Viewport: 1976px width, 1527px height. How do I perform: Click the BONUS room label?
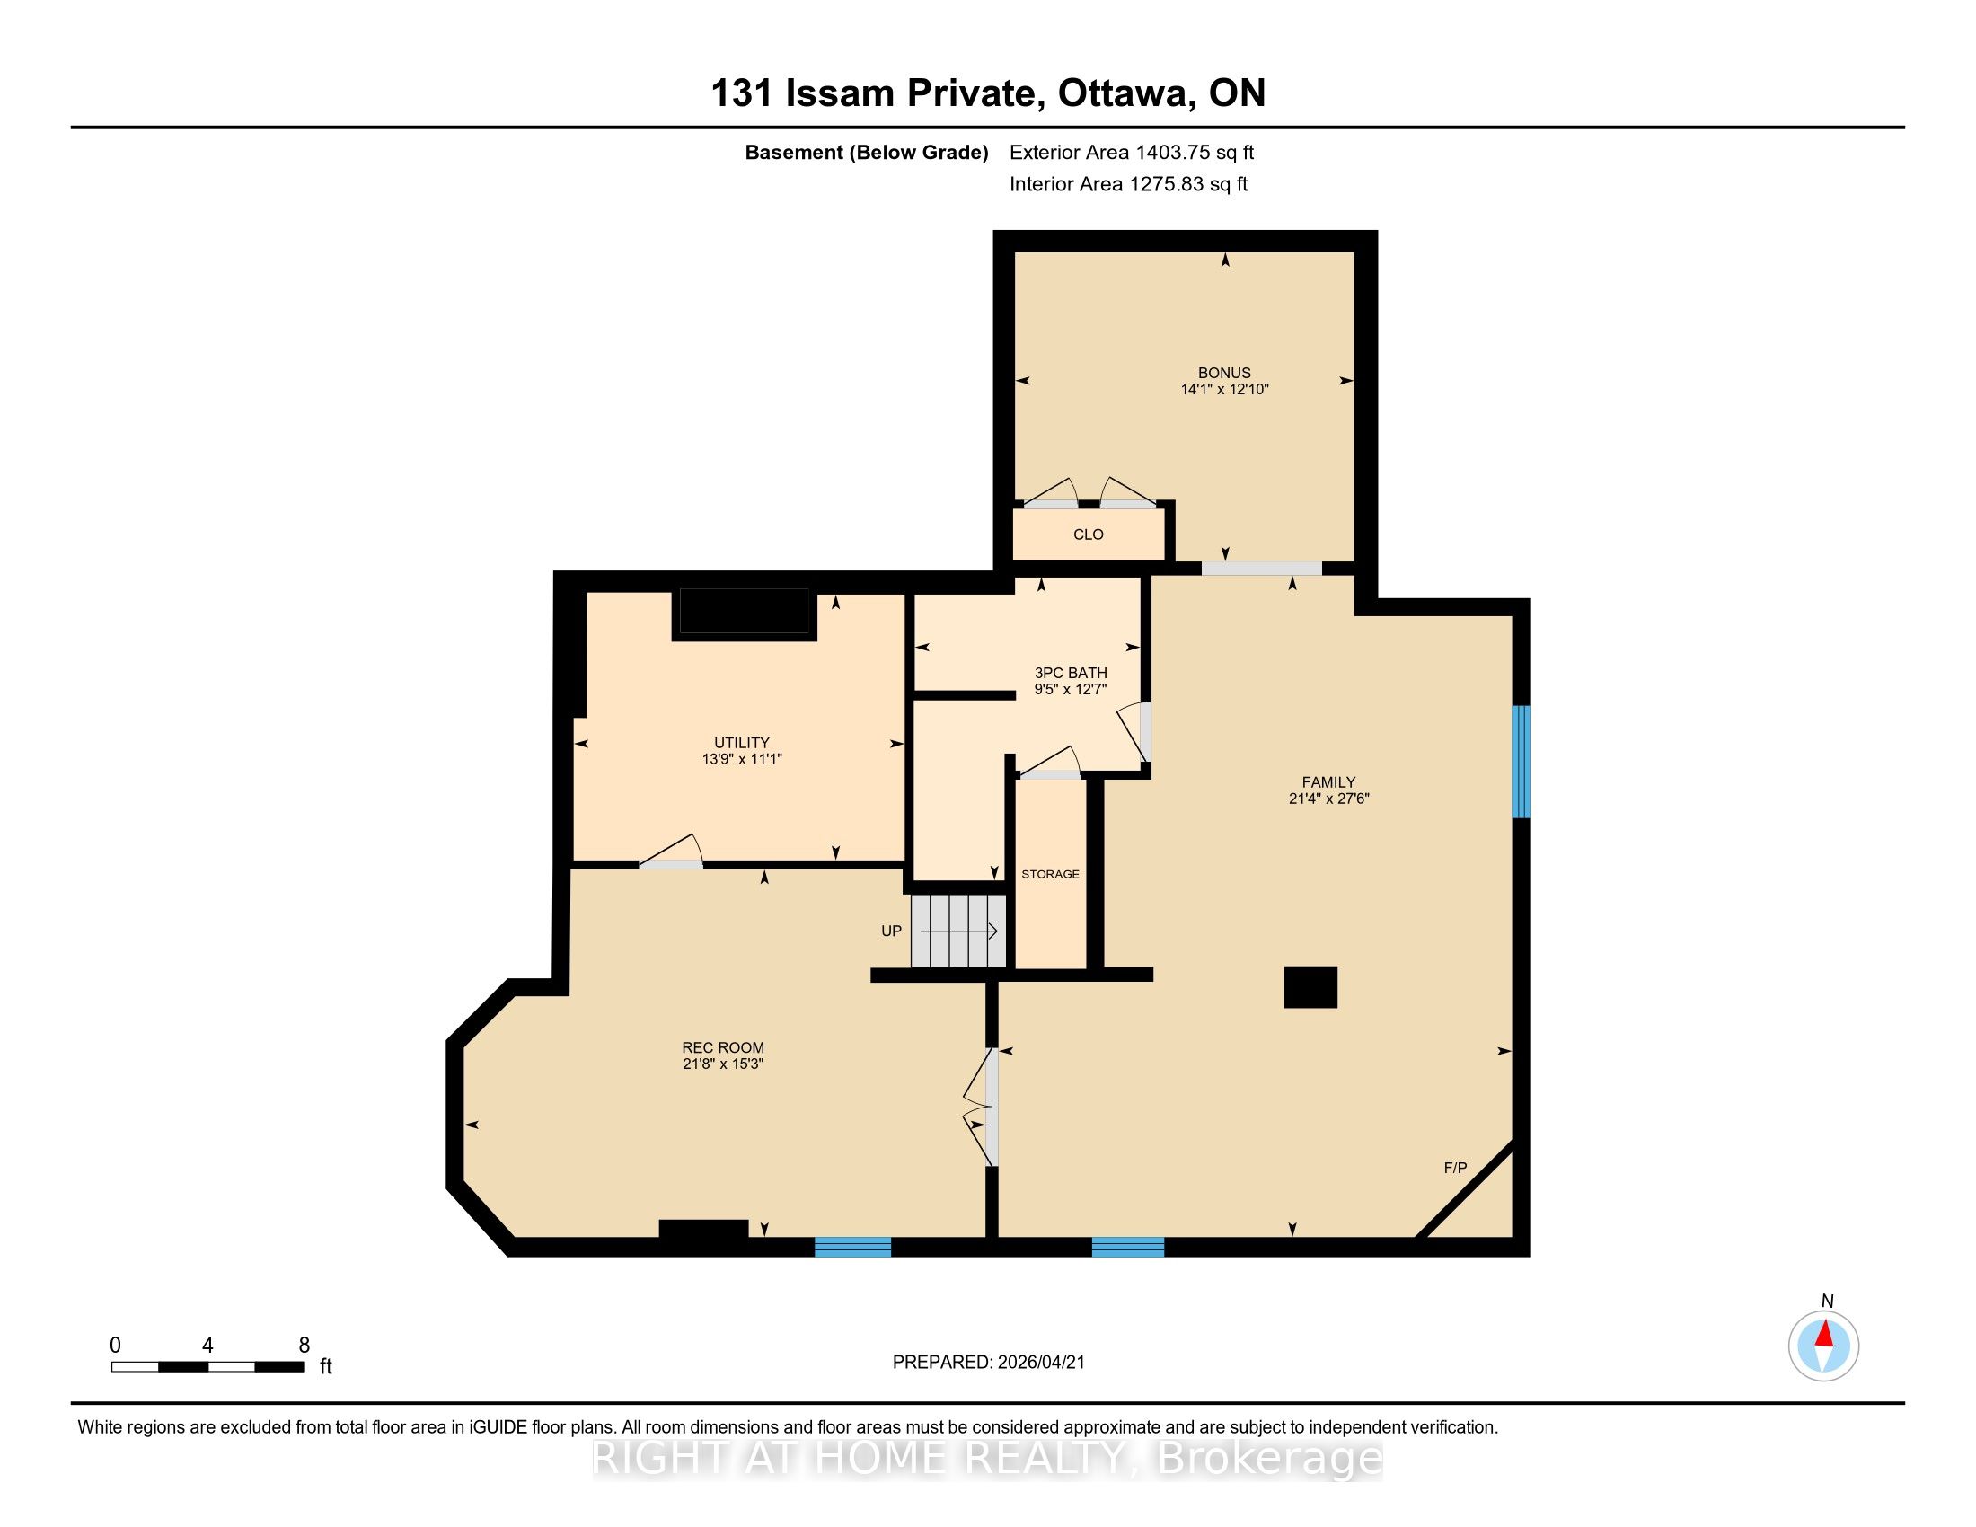(1224, 373)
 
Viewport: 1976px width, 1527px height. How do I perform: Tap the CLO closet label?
(1088, 534)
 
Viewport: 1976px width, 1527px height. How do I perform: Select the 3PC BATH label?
(1071, 673)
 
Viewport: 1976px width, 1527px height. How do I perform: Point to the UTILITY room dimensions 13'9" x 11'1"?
(741, 759)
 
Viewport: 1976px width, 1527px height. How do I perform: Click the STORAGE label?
(1051, 874)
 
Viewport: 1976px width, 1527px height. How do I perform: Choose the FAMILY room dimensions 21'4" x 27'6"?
(1328, 799)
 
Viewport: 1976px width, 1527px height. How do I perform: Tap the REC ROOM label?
(723, 1047)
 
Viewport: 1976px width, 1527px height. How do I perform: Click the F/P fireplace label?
(1455, 1168)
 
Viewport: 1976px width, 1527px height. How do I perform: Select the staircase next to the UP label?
(958, 931)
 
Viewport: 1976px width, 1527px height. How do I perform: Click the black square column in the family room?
(1310, 987)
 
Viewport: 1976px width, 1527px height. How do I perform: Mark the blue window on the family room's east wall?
(1521, 762)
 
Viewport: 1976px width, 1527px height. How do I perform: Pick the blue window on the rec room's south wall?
(852, 1247)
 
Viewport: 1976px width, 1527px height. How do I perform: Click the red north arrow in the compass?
(1824, 1333)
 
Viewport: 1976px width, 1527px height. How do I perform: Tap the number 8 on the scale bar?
(304, 1346)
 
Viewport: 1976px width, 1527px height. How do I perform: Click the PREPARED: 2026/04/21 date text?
(988, 1363)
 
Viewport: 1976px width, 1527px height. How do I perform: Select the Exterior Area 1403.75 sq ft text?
(1132, 152)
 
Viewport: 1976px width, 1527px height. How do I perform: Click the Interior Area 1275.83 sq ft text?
(1128, 183)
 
